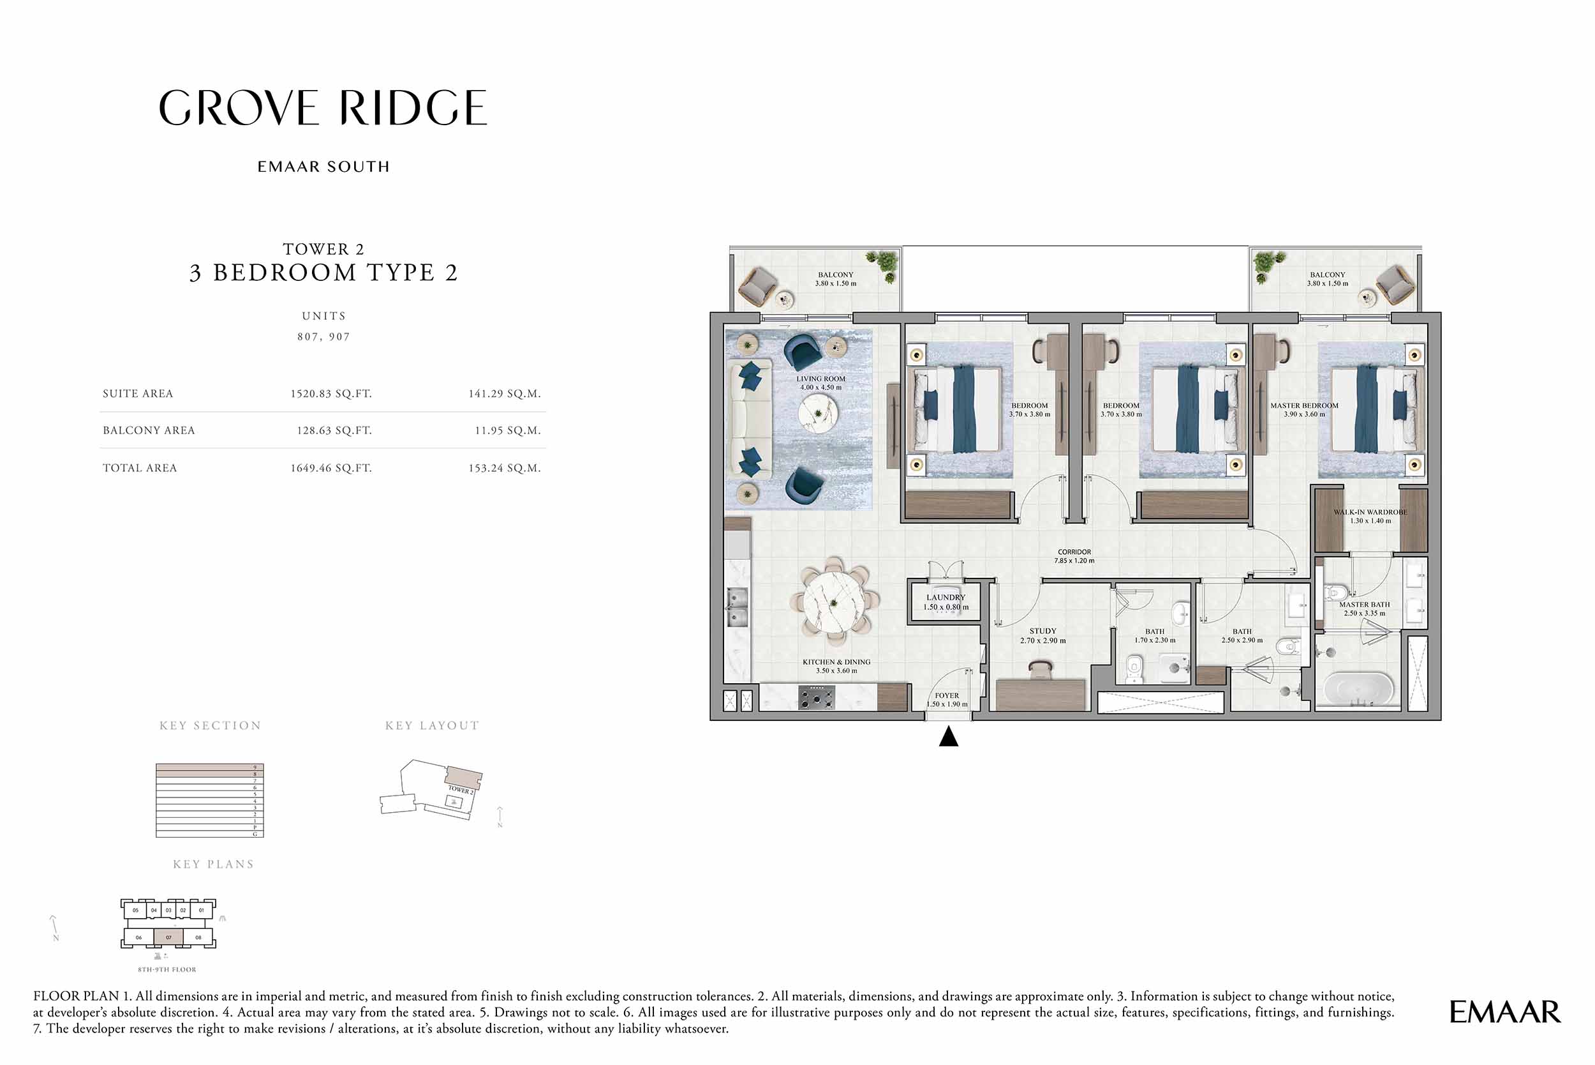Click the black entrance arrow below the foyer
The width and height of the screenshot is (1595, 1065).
click(948, 737)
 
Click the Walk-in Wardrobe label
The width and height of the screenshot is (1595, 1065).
click(1370, 516)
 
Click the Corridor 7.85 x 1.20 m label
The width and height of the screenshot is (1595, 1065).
click(1074, 556)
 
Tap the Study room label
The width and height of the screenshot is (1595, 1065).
click(1042, 635)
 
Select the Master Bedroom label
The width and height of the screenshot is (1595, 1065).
click(1304, 409)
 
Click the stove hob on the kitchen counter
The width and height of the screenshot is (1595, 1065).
click(817, 697)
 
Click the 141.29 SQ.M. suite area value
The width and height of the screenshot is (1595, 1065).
click(504, 393)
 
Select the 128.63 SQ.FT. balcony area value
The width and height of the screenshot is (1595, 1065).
click(334, 430)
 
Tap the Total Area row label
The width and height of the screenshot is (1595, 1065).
click(140, 468)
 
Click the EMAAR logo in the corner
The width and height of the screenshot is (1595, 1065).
click(1505, 1012)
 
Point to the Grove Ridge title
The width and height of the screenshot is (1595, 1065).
click(323, 108)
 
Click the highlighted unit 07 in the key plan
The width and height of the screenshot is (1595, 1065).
click(168, 937)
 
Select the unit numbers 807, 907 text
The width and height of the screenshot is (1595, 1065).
click(323, 337)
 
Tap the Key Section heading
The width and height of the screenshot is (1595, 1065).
click(211, 725)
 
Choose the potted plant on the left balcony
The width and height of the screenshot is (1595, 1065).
click(882, 263)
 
